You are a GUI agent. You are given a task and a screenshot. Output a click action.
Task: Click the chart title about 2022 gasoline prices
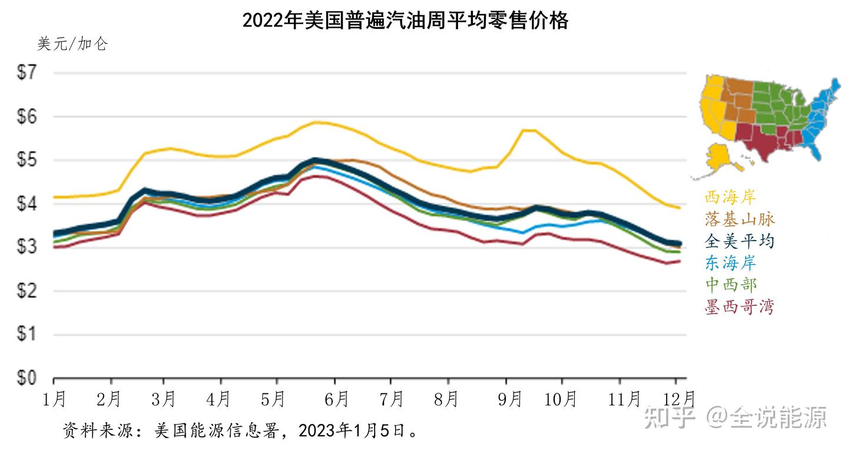click(405, 21)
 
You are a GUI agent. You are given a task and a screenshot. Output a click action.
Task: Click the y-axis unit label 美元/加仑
click(72, 45)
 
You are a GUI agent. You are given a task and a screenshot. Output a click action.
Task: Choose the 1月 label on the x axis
click(54, 400)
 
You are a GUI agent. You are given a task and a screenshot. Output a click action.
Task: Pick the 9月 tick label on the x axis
click(509, 400)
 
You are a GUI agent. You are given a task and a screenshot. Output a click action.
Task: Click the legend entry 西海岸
click(730, 197)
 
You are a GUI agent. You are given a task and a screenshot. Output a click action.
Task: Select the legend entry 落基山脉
click(740, 219)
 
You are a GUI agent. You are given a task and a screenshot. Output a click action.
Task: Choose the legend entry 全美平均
click(740, 241)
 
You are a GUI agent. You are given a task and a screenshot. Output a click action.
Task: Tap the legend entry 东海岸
click(730, 263)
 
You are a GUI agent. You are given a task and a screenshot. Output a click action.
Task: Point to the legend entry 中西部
click(730, 285)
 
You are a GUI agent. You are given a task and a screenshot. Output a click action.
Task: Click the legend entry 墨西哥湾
click(740, 307)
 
